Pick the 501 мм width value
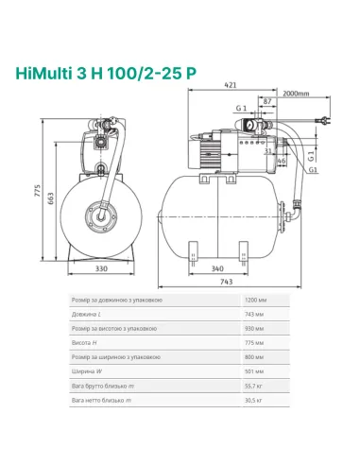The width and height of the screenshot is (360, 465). tap(256, 372)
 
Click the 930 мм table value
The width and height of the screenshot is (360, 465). tap(256, 329)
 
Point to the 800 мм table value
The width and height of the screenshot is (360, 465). tap(256, 358)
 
